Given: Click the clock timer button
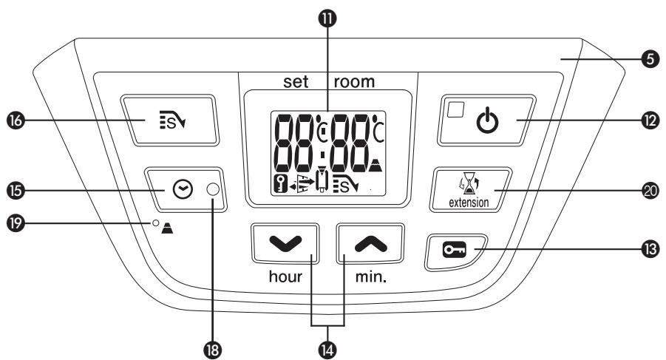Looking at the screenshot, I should pyautogui.click(x=180, y=190).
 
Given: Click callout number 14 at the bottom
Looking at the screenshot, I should pyautogui.click(x=329, y=346).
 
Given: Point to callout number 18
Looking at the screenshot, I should pyautogui.click(x=213, y=346).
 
